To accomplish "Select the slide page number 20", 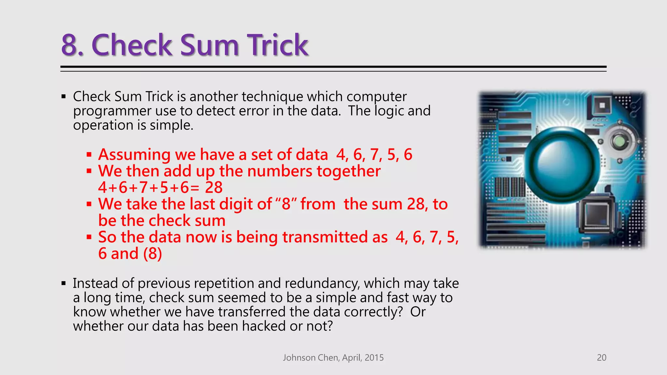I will pyautogui.click(x=601, y=357).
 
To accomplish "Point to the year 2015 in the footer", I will pyautogui.click(x=374, y=357).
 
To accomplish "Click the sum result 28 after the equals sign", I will pyautogui.click(x=214, y=187).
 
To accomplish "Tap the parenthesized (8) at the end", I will pyautogui.click(x=152, y=254).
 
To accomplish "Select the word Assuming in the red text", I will pyautogui.click(x=135, y=155).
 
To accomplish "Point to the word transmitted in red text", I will pyautogui.click(x=335, y=237).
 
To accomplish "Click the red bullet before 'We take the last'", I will pyautogui.click(x=89, y=204).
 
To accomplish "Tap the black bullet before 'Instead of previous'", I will pyautogui.click(x=64, y=284).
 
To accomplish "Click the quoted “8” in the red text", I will pyautogui.click(x=286, y=204).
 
